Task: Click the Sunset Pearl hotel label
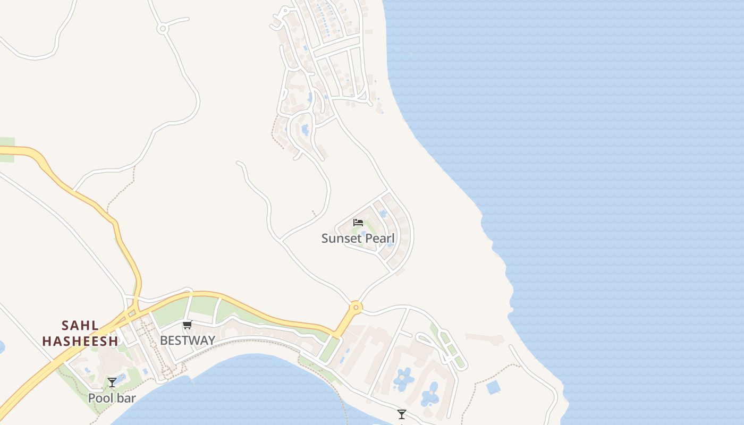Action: (358, 239)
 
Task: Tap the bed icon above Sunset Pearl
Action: (358, 222)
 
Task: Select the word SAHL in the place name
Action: (80, 325)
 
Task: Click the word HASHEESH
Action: (80, 341)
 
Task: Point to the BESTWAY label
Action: (188, 341)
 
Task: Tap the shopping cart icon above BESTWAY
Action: (187, 325)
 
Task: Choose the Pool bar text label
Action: (112, 398)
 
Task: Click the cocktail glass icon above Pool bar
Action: (112, 382)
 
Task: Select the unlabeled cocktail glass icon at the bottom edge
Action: (402, 414)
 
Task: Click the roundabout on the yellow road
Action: (356, 307)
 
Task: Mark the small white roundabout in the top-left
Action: (163, 29)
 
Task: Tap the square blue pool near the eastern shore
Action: (494, 387)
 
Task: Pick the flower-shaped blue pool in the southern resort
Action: (404, 379)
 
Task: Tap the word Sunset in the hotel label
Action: (340, 239)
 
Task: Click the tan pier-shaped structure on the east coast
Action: (484, 338)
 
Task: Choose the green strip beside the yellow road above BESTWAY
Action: (204, 307)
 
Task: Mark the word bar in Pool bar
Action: (126, 398)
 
